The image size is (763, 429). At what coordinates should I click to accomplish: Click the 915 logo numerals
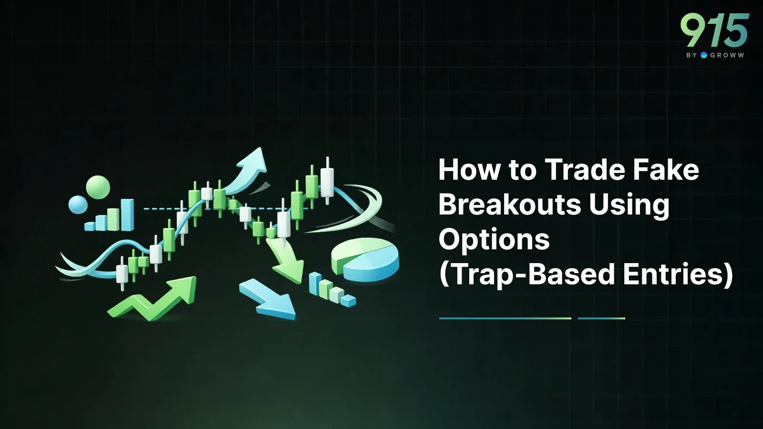tap(714, 30)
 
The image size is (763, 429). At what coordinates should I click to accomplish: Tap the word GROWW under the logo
tap(727, 55)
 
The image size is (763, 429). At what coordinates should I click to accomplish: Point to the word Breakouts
tap(509, 204)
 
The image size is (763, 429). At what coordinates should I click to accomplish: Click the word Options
tap(494, 240)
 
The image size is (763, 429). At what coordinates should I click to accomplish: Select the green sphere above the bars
tap(98, 187)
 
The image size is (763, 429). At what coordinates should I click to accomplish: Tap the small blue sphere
tap(78, 204)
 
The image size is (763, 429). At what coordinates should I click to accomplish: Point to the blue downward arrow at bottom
tap(268, 298)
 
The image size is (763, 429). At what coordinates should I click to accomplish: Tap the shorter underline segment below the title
tap(601, 318)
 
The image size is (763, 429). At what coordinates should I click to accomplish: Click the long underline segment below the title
tap(505, 318)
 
